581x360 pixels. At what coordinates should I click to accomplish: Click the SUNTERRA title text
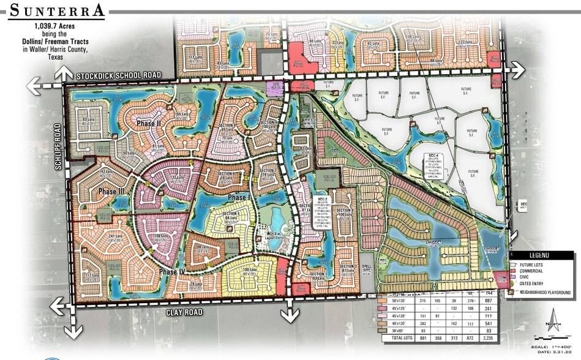55,10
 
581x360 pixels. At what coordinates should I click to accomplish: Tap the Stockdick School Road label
119,75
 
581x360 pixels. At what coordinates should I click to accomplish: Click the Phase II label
148,124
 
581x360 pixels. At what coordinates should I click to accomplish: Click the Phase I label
237,198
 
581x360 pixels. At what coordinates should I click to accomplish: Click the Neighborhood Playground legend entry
547,292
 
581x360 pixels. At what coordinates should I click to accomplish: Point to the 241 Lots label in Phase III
112,237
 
